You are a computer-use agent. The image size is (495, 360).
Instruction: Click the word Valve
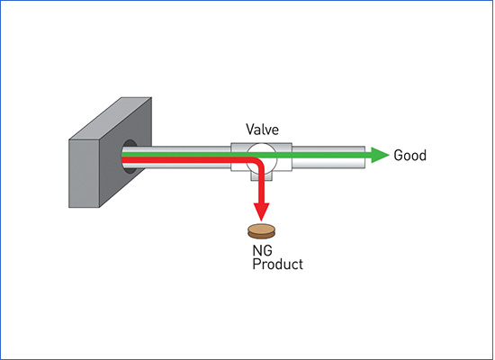pos(262,130)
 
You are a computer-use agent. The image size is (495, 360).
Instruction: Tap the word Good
pos(410,156)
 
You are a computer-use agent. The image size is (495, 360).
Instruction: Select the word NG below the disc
pos(262,250)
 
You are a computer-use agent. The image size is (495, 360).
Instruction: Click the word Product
pos(277,264)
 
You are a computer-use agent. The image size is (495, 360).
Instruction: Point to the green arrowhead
pos(380,155)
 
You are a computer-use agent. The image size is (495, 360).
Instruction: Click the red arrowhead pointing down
pos(261,211)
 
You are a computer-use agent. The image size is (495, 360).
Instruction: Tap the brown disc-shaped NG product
pos(261,231)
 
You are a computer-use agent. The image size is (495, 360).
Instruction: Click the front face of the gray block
pos(84,174)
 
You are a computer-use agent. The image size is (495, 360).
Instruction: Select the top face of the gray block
pos(110,119)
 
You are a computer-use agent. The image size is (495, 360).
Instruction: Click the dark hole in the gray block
pos(130,157)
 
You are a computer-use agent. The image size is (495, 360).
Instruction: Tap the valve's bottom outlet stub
pos(261,175)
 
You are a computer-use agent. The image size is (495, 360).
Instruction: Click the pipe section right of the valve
pos(328,157)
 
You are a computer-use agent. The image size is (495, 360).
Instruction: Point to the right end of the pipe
pos(364,157)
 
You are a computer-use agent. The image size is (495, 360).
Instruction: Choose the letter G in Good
pos(398,156)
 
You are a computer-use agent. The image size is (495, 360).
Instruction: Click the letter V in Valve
pos(250,130)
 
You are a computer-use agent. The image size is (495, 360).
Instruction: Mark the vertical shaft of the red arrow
pos(261,186)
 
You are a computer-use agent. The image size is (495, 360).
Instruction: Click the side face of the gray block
pos(126,152)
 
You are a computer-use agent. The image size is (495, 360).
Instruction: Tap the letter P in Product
pos(256,264)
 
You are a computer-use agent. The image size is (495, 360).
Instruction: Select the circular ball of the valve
pos(261,157)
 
